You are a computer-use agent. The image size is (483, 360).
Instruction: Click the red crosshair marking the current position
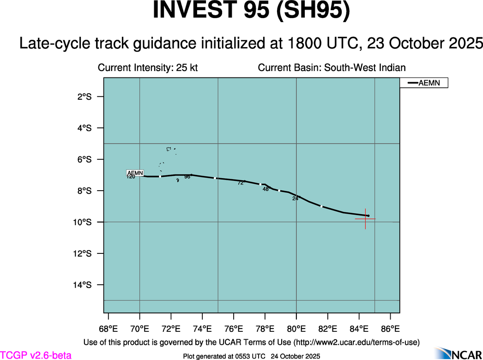tap(365, 219)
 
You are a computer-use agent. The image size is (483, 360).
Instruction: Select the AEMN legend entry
tap(423, 83)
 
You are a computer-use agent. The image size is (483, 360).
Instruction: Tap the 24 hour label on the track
tap(295, 198)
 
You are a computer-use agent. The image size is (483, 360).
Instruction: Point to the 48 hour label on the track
tap(266, 189)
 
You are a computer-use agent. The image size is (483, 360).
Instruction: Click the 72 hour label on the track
tap(241, 183)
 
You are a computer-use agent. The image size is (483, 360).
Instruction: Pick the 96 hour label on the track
tap(187, 177)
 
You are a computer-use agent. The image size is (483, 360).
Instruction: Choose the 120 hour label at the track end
tap(131, 177)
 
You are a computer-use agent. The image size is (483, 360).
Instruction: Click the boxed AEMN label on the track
tap(135, 173)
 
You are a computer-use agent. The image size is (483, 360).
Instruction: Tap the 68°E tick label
tap(108, 329)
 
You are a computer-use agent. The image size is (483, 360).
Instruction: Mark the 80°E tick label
tap(296, 329)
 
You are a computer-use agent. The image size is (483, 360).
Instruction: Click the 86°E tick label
tap(391, 329)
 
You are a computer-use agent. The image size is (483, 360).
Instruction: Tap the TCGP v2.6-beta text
tap(36, 355)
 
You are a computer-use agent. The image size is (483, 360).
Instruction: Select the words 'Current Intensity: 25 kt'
tap(148, 68)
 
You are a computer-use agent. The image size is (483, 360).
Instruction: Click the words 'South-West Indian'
tap(365, 68)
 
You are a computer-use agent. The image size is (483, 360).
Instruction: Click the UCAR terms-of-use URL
tap(356, 342)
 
